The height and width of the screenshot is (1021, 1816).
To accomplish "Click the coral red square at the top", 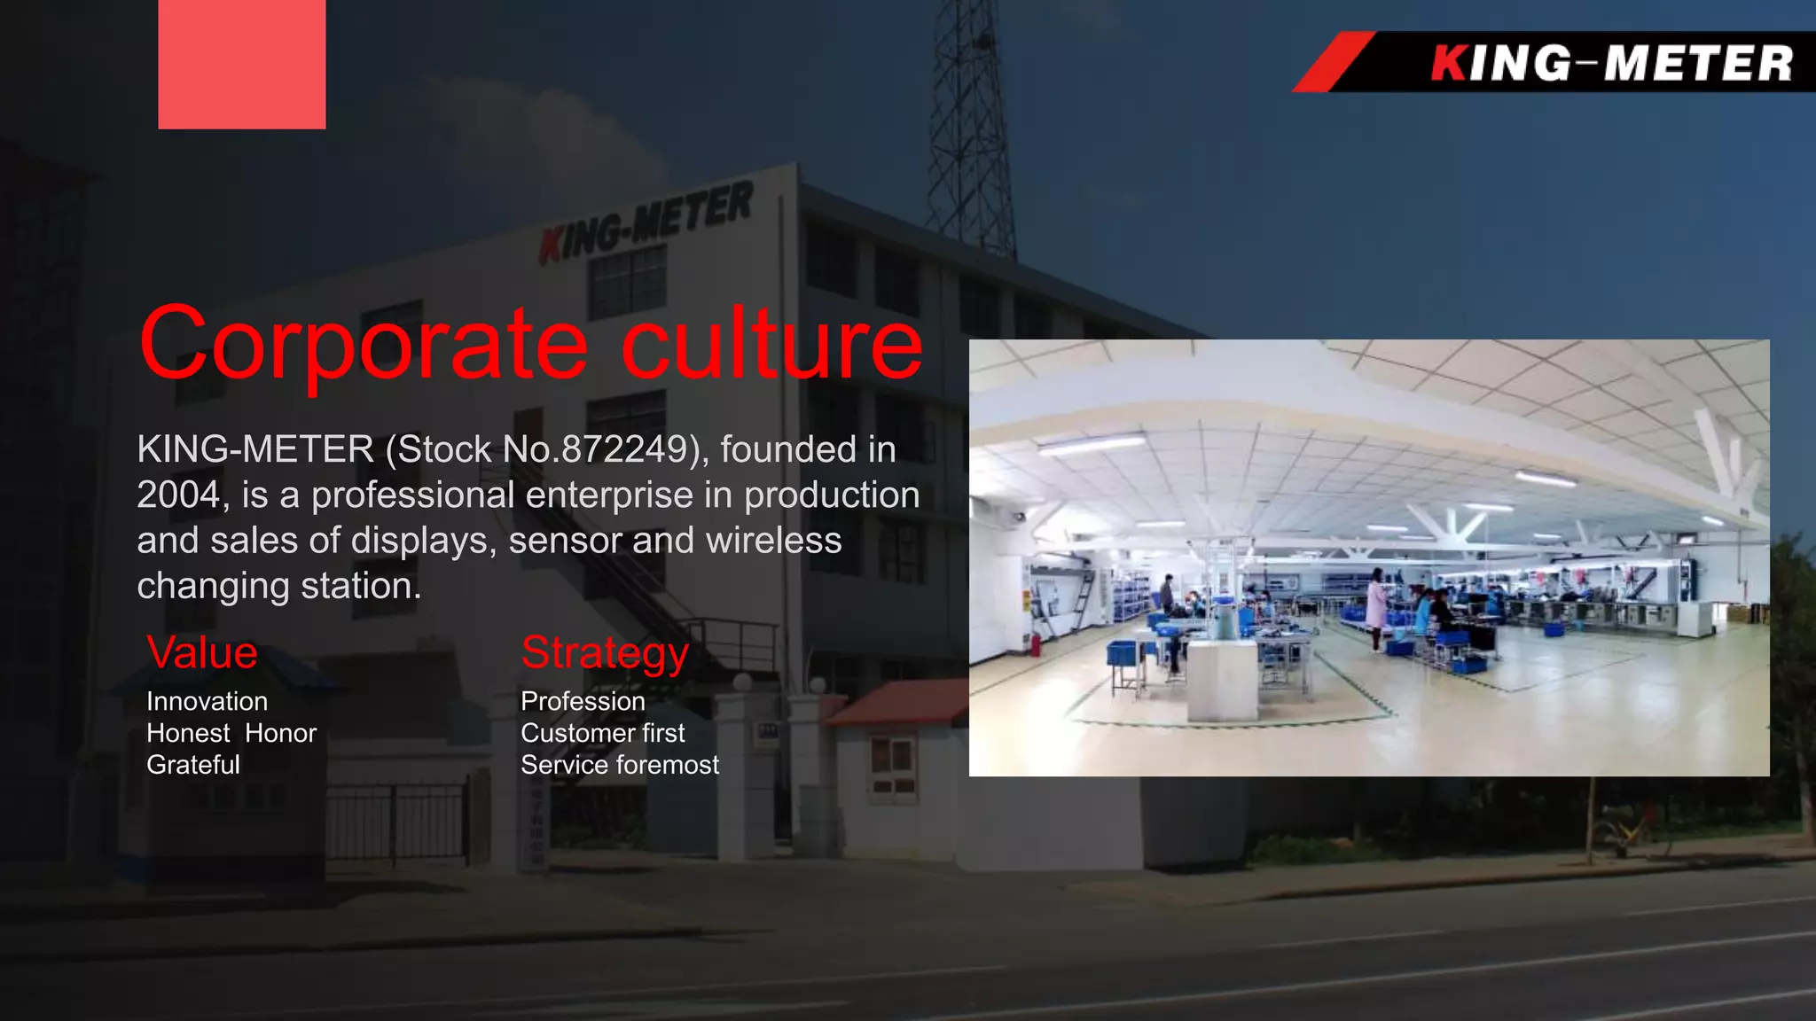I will click(241, 64).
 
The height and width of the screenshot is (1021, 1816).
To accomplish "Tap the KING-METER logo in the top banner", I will click(1610, 64).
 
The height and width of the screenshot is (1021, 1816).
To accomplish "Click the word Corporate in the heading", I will click(364, 344).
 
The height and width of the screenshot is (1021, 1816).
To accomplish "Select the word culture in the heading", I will click(771, 344).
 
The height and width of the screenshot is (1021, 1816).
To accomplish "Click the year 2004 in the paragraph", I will click(177, 495).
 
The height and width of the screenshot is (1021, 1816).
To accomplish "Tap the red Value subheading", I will click(202, 653).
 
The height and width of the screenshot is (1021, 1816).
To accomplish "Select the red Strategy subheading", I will click(605, 653).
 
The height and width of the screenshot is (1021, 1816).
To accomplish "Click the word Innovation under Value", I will click(207, 701).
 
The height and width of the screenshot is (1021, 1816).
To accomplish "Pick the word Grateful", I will click(192, 765).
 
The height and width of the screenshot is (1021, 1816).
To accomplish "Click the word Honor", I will click(280, 733).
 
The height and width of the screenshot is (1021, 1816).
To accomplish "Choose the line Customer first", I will click(602, 733).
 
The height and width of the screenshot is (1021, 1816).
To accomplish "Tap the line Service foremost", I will click(619, 765).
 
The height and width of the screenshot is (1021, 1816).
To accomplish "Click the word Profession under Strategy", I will click(583, 701).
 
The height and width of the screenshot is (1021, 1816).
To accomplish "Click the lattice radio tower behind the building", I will click(971, 124).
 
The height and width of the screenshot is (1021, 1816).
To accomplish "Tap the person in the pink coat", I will click(1376, 607).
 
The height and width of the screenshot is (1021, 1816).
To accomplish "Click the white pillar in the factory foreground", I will click(1222, 678).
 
